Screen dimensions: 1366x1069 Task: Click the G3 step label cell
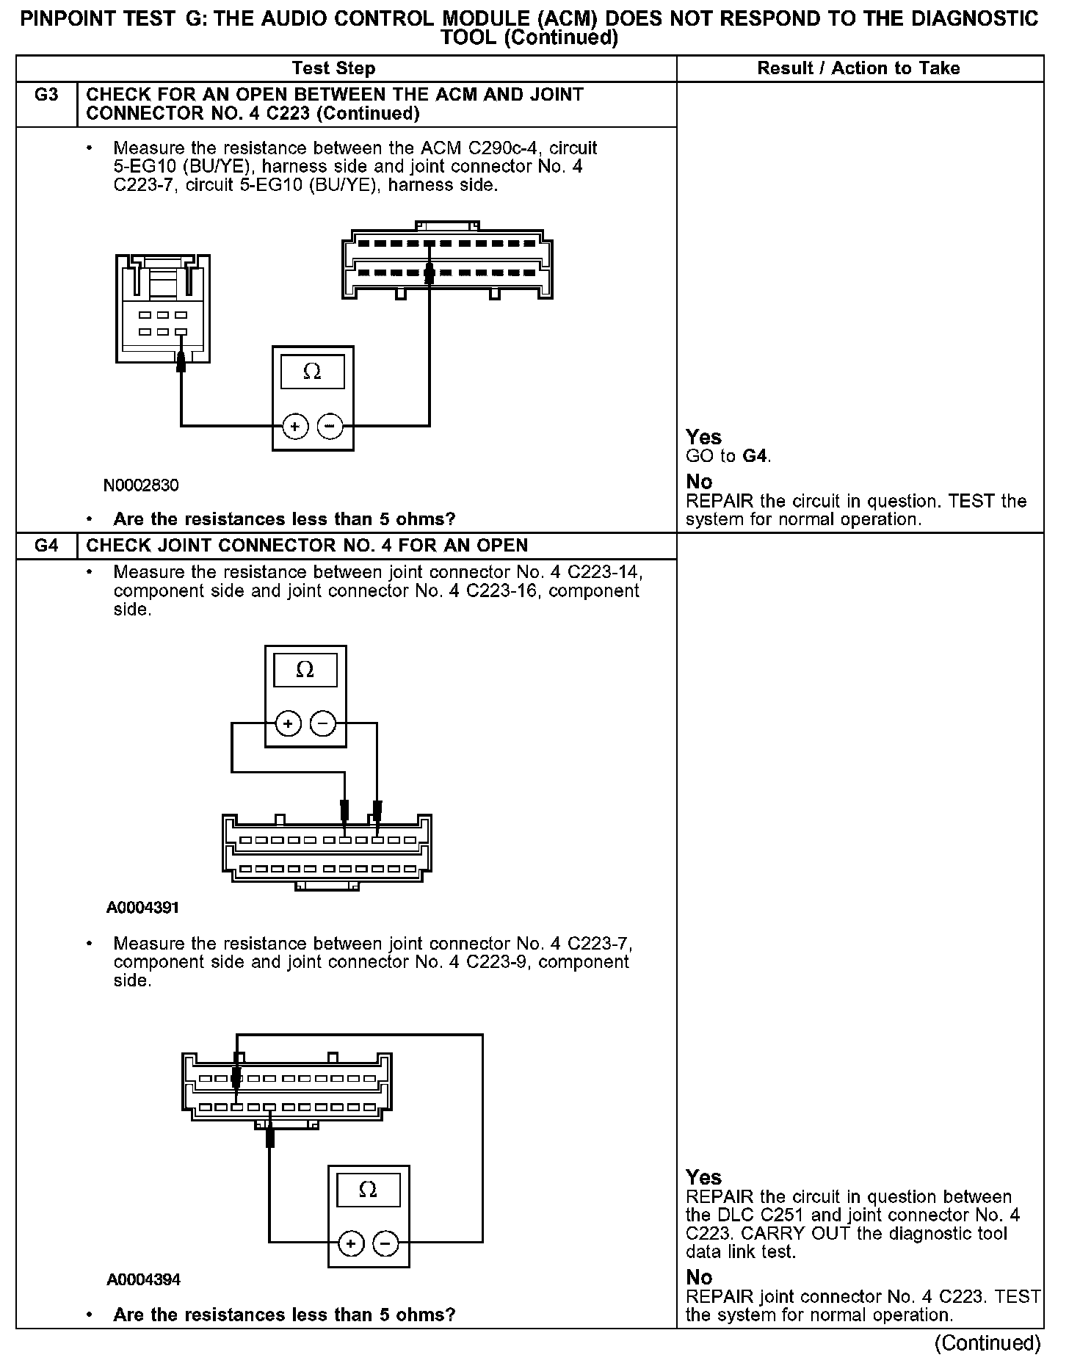[x=46, y=95]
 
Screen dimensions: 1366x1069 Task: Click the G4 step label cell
[x=46, y=546]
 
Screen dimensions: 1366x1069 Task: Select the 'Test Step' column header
[x=333, y=68]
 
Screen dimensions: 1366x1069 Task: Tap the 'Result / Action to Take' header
[x=858, y=68]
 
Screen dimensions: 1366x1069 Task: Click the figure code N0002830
[x=141, y=485]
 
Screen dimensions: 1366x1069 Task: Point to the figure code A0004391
[x=143, y=908]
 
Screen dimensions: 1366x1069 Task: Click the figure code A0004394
[x=143, y=1279]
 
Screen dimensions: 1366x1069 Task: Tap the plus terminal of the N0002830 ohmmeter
[x=295, y=425]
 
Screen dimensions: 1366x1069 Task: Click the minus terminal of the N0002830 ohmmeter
[x=330, y=425]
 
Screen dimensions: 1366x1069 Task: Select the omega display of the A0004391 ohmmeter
[x=305, y=670]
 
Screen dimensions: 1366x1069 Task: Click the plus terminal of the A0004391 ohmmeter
[x=288, y=724]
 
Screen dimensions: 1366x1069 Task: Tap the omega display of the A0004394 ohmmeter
[x=369, y=1190]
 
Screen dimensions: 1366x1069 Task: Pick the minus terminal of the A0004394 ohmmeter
[x=386, y=1243]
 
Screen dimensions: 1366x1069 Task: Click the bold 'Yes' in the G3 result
[x=703, y=437]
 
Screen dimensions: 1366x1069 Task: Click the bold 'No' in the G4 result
[x=699, y=1277]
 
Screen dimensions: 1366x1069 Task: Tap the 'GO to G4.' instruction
[x=728, y=456]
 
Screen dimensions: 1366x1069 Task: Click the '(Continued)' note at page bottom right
[x=988, y=1342]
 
